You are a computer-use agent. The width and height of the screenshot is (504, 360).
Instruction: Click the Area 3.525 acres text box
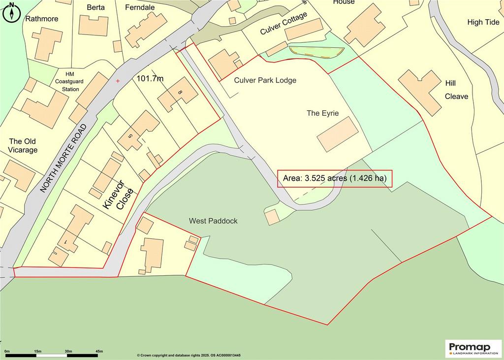pos(335,178)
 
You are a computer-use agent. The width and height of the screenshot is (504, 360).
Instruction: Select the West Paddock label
pos(213,221)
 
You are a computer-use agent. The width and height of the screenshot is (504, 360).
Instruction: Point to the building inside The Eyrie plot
pos(338,133)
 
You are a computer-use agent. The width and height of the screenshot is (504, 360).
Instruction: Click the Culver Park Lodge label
pos(265,80)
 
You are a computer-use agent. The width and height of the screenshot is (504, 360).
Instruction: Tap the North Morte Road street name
pos(63,158)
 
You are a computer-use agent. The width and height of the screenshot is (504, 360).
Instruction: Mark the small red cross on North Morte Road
pos(117,80)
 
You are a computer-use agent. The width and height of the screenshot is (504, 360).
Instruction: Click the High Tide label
pos(483,22)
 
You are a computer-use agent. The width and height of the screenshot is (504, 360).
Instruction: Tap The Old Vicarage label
pos(23,145)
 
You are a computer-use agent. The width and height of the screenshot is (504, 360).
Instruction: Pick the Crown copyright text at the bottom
pos(195,355)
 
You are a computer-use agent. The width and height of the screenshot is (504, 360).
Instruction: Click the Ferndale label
pos(140,7)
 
